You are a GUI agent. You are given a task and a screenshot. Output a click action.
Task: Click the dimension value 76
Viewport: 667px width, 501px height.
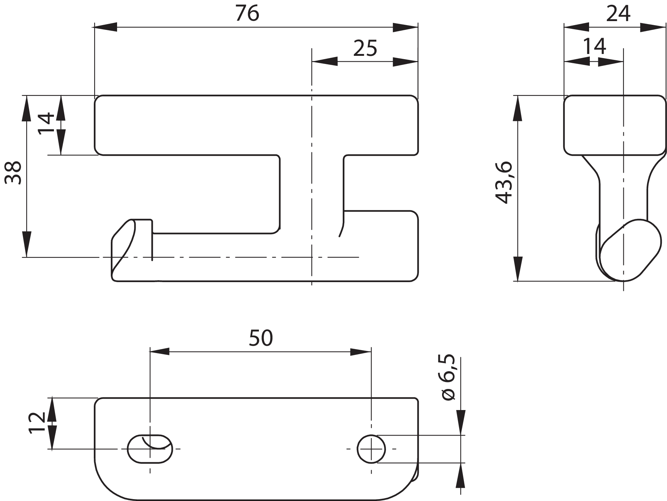click(x=247, y=14)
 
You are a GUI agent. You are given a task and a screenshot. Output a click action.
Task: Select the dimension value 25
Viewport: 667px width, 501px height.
click(x=365, y=48)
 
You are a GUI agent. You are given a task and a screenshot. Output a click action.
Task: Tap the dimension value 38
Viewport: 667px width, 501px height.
click(x=14, y=172)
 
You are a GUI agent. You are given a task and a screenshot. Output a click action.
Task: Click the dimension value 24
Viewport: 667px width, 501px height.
click(x=618, y=14)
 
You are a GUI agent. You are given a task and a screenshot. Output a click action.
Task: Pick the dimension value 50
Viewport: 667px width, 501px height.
click(x=261, y=338)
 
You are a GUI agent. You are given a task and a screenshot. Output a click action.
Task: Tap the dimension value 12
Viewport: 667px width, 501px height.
click(x=37, y=423)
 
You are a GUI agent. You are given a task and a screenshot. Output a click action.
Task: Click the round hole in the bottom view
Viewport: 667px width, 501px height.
click(x=371, y=449)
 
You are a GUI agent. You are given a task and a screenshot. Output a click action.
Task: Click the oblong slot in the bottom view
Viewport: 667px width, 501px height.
click(x=150, y=448)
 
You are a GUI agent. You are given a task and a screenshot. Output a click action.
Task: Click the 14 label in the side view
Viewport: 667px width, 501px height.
click(x=594, y=47)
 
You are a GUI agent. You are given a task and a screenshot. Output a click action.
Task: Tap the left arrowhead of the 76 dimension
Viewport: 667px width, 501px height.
click(x=106, y=27)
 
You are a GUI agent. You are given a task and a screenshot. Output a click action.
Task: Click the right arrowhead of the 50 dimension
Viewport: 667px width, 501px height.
click(x=360, y=352)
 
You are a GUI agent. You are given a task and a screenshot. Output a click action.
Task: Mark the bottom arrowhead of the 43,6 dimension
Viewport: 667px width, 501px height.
click(x=518, y=269)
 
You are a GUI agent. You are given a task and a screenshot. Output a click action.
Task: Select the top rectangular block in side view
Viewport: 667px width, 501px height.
click(x=615, y=125)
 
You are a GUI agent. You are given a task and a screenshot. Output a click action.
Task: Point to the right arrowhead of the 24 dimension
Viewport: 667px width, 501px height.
click(x=653, y=27)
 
